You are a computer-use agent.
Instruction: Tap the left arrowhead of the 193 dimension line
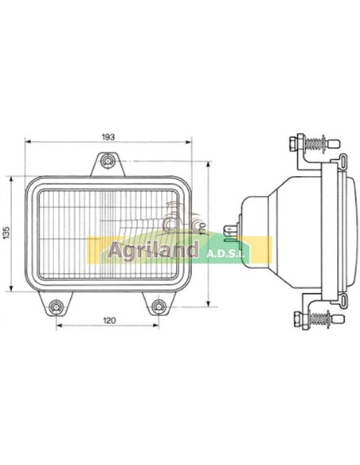point(29,144)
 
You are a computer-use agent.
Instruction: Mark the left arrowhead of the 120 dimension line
point(59,326)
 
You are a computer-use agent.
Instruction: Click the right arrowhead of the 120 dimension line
point(156,326)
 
